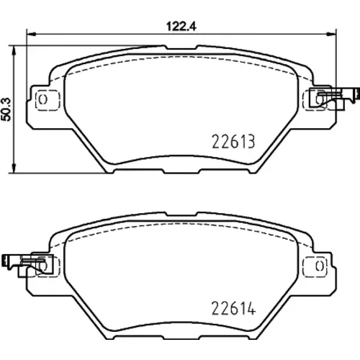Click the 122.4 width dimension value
(181, 26)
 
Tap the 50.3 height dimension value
(6, 109)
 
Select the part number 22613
(233, 142)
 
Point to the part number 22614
(233, 308)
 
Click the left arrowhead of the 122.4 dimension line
(31, 35)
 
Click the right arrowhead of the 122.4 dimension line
(332, 35)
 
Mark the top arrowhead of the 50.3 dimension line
(14, 50)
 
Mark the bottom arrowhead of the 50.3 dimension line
(14, 168)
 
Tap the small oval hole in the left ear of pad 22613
(43, 99)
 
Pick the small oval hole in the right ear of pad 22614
(319, 266)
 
